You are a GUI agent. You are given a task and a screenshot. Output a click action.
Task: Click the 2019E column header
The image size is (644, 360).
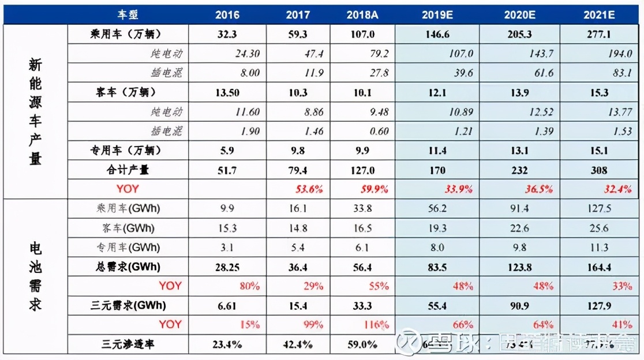point(437,14)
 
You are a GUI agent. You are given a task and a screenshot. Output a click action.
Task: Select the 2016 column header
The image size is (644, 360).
point(227,14)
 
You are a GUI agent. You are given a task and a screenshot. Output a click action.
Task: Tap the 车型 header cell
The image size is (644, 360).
point(129,14)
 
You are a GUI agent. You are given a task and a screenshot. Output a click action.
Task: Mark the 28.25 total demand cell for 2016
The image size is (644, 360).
point(227,267)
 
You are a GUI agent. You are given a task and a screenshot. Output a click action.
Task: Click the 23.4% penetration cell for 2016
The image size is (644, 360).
point(227,344)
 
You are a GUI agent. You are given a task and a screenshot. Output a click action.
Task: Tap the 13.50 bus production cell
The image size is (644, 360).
point(227,92)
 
